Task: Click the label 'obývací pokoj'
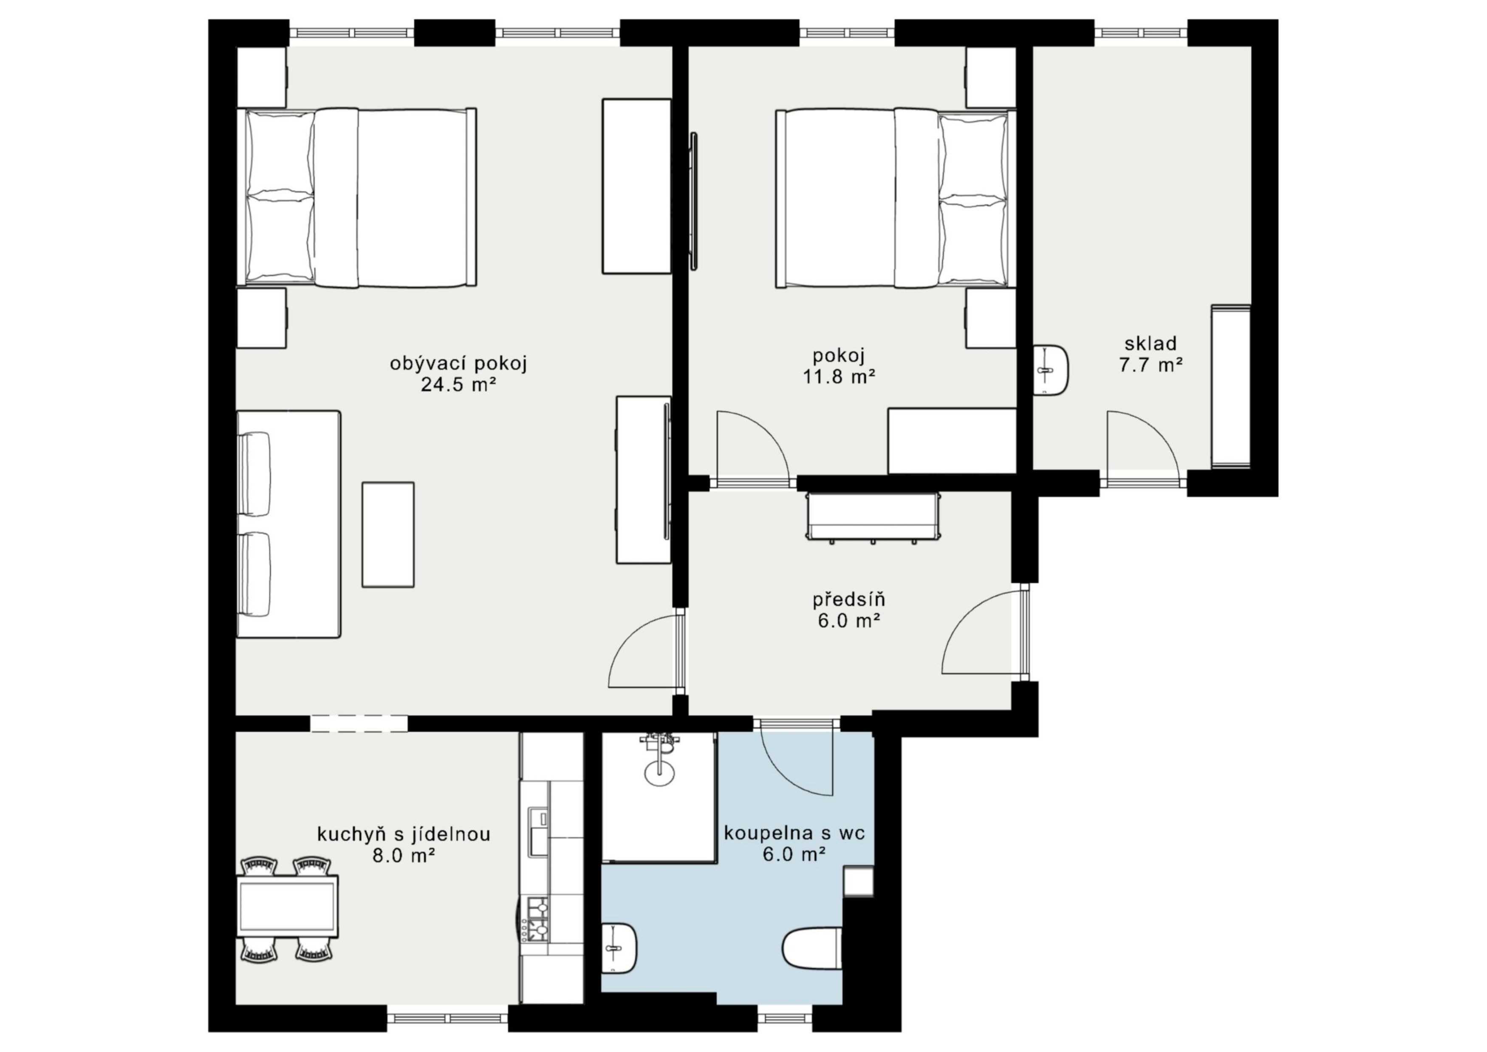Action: point(458,363)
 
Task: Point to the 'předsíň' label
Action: point(848,599)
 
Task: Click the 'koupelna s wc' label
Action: point(794,833)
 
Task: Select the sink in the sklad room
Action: point(1051,371)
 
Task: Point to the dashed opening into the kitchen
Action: point(359,723)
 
